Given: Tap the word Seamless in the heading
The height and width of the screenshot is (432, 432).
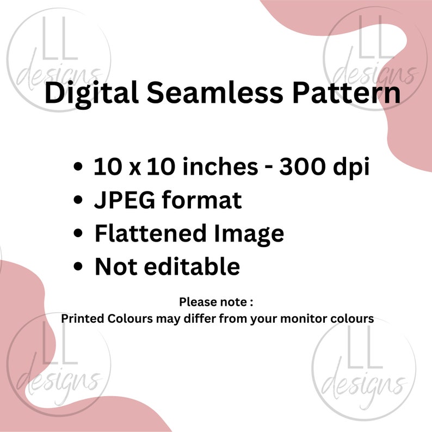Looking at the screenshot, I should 214,94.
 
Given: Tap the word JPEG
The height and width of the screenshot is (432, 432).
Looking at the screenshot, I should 126,201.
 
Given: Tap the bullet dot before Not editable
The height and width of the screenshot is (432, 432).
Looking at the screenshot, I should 79,267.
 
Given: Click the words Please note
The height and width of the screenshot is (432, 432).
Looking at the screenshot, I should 216,301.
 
